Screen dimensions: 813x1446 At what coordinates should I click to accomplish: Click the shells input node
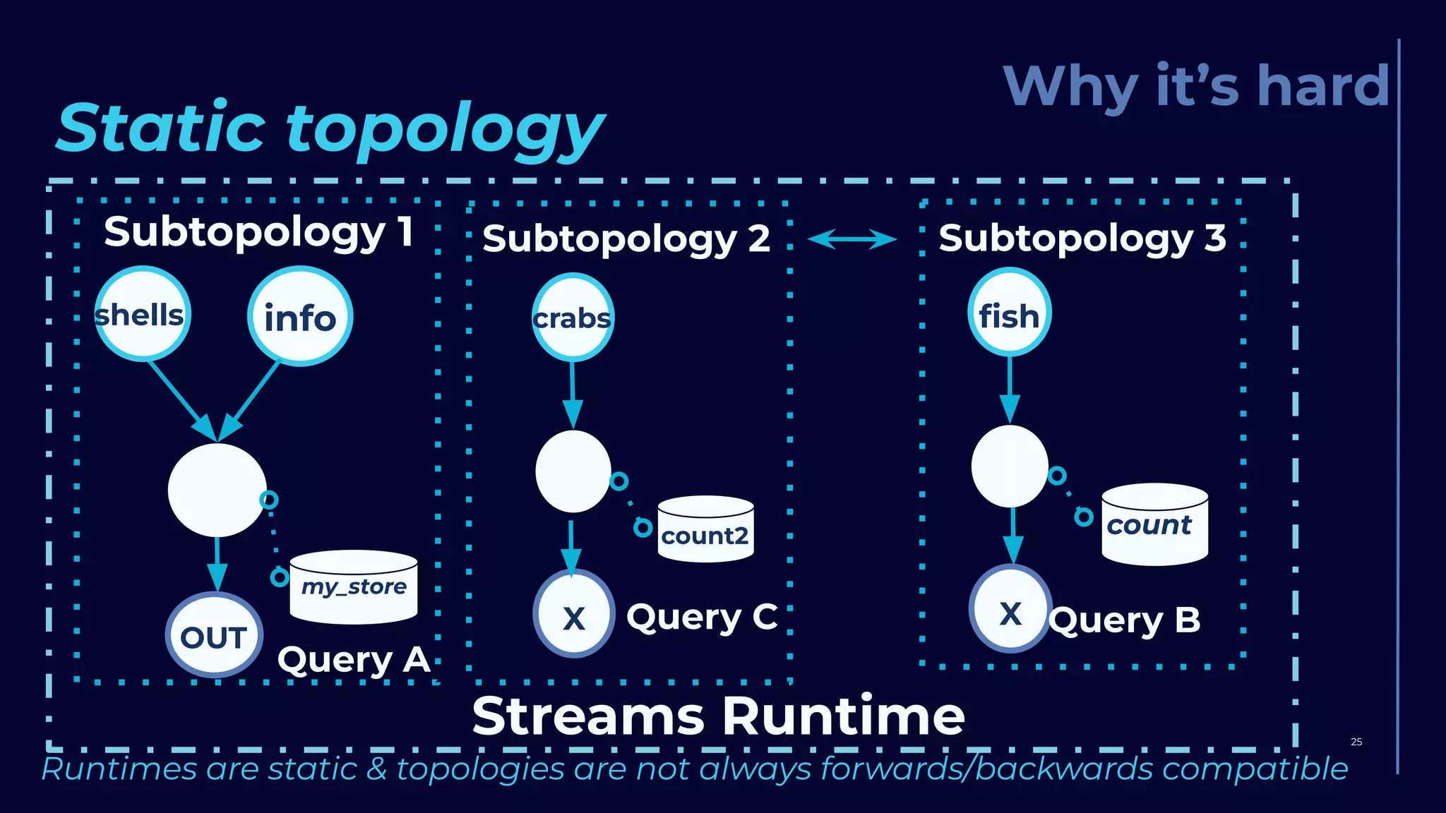[x=143, y=315]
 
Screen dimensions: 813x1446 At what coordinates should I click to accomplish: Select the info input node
[x=300, y=317]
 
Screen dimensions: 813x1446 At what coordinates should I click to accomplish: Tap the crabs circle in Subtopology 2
[x=572, y=318]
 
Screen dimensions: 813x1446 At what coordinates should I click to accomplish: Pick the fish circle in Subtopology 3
[x=1009, y=313]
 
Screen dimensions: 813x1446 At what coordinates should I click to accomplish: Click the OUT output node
[x=214, y=636]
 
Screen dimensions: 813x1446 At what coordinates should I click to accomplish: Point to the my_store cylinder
[x=354, y=588]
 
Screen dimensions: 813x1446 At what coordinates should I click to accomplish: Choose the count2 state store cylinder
[x=705, y=531]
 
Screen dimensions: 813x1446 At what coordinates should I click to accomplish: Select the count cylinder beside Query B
[x=1154, y=525]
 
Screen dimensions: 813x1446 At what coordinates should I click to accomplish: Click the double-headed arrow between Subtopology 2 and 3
[x=852, y=239]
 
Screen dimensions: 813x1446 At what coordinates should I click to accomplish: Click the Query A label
[x=354, y=660]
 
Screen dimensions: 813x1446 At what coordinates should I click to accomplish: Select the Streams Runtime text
[x=718, y=716]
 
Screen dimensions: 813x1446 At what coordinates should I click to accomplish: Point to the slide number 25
[x=1356, y=742]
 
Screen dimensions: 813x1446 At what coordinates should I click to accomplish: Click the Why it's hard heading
[x=1196, y=86]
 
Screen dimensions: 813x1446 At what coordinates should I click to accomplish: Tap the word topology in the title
[x=445, y=130]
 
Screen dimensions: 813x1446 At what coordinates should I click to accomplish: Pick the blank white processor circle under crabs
[x=573, y=471]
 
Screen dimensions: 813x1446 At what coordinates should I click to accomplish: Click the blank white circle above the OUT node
[x=217, y=490]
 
